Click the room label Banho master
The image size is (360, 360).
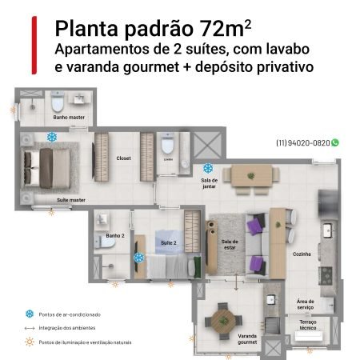(70, 118)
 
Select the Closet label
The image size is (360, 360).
(123, 158)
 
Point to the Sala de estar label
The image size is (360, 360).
(230, 243)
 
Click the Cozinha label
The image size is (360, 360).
(302, 254)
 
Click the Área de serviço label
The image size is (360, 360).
(306, 305)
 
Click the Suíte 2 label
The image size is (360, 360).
(168, 242)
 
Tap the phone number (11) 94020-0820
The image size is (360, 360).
(302, 142)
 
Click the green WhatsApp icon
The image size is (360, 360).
(335, 142)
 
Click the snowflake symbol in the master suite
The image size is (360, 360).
(52, 138)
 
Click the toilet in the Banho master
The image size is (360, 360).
(58, 104)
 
